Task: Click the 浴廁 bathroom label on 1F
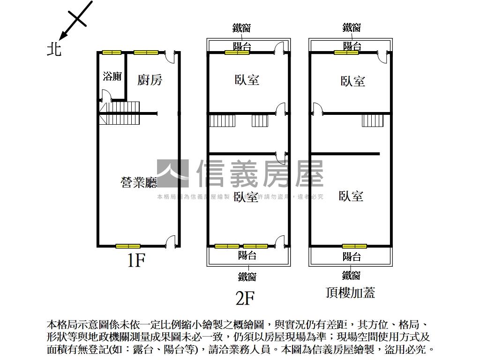[112, 76]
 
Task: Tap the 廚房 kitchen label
[150, 80]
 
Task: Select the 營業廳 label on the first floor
[139, 182]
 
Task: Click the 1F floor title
[136, 261]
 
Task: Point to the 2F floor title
[245, 298]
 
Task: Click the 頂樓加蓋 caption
[350, 293]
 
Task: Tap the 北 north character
[54, 49]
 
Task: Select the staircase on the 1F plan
[120, 113]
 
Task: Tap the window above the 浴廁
[112, 52]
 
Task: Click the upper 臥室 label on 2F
[247, 80]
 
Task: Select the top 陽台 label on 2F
[242, 46]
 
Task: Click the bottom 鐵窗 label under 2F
[247, 277]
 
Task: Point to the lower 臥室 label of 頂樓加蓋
[351, 195]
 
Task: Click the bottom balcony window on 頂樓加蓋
[354, 246]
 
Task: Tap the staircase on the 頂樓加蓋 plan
[373, 120]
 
